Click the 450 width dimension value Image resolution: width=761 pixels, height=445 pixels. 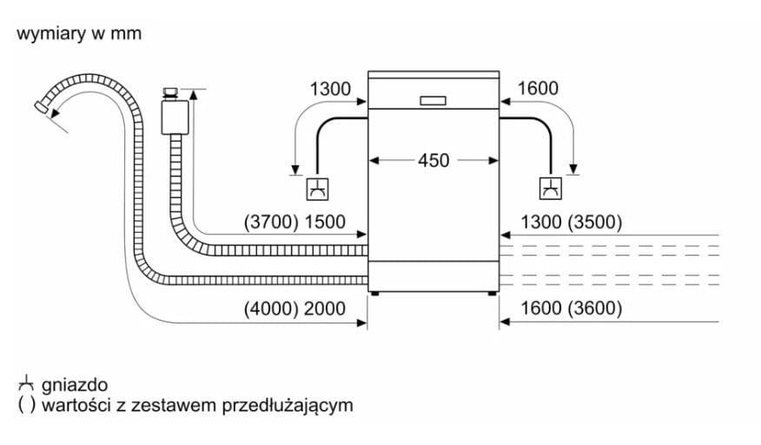click(x=433, y=161)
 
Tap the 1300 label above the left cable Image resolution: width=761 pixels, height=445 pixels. click(x=330, y=89)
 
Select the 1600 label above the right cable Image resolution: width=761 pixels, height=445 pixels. click(x=538, y=89)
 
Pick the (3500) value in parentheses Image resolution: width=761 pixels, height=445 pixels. click(x=595, y=222)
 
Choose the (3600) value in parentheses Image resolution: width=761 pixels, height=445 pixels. click(x=595, y=309)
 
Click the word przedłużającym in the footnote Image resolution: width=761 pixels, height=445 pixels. click(x=288, y=406)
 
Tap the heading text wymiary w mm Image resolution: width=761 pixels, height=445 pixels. click(x=78, y=34)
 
